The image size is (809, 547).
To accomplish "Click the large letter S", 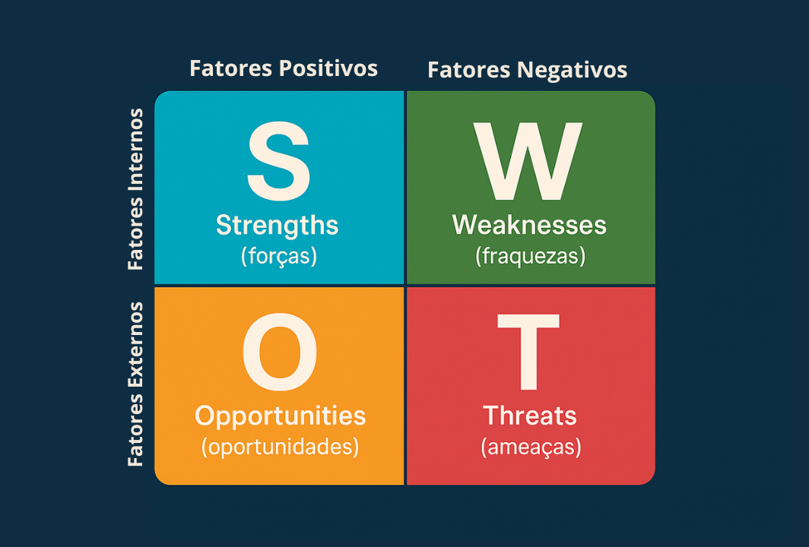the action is pyautogui.click(x=278, y=161).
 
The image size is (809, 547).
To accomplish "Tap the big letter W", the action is pyautogui.click(x=528, y=161).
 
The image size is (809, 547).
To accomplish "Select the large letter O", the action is pyautogui.click(x=280, y=351).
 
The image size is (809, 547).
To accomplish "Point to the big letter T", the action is pyautogui.click(x=528, y=352).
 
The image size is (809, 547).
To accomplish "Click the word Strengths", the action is pyautogui.click(x=277, y=226).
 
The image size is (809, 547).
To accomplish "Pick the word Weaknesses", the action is pyautogui.click(x=529, y=225).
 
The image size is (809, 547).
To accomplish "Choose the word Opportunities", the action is pyautogui.click(x=280, y=416).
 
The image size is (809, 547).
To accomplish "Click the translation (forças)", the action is pyautogui.click(x=278, y=256).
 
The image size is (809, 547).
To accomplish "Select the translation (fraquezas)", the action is pyautogui.click(x=531, y=256).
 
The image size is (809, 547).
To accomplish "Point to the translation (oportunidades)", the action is pyautogui.click(x=280, y=447).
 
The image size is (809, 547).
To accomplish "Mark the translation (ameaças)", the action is pyautogui.click(x=531, y=447).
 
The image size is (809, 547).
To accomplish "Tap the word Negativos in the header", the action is pyautogui.click(x=572, y=70).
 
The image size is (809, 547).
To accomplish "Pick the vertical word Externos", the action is pyautogui.click(x=135, y=344).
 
